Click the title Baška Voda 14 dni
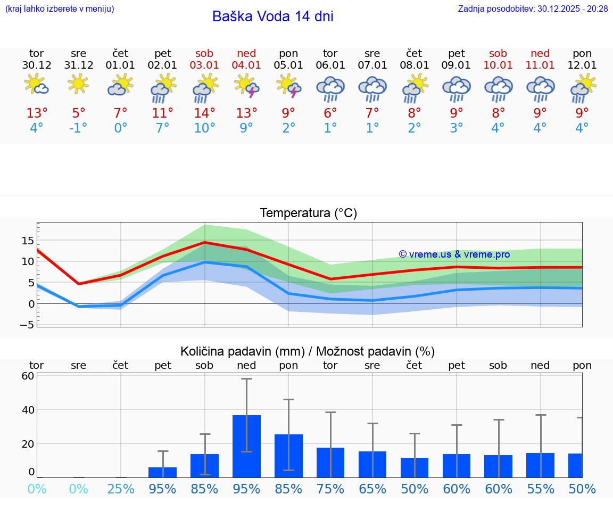[x=272, y=17]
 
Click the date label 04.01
[x=246, y=65]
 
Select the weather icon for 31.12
[x=78, y=84]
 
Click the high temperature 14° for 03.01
[x=204, y=113]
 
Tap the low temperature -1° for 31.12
[x=78, y=128]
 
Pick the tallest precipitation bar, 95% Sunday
[x=246, y=446]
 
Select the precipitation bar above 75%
[x=330, y=462]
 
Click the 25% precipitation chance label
[x=121, y=489]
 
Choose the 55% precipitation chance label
[x=540, y=489]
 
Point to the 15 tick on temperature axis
[x=28, y=241]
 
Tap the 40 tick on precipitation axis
[x=28, y=410]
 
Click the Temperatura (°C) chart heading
[x=308, y=213]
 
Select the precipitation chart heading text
[x=308, y=351]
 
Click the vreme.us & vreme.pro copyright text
[x=454, y=254]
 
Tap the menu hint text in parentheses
[x=59, y=9]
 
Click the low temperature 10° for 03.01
[x=204, y=128]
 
